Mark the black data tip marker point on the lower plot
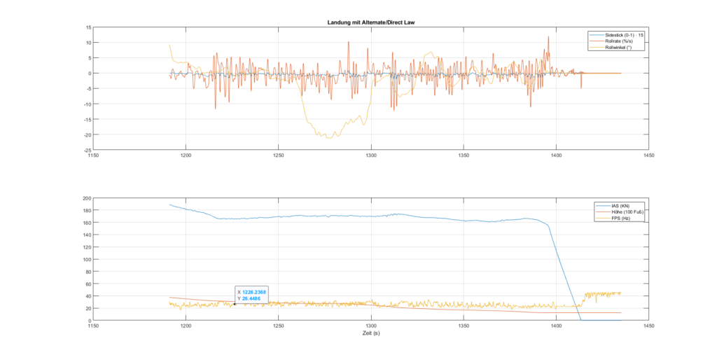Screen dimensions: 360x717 pyautogui.click(x=234, y=304)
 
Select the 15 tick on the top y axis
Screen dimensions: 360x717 pyautogui.click(x=88, y=27)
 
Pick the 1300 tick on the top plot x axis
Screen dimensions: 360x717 pyautogui.click(x=371, y=156)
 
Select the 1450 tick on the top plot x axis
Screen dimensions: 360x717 pyautogui.click(x=648, y=156)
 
